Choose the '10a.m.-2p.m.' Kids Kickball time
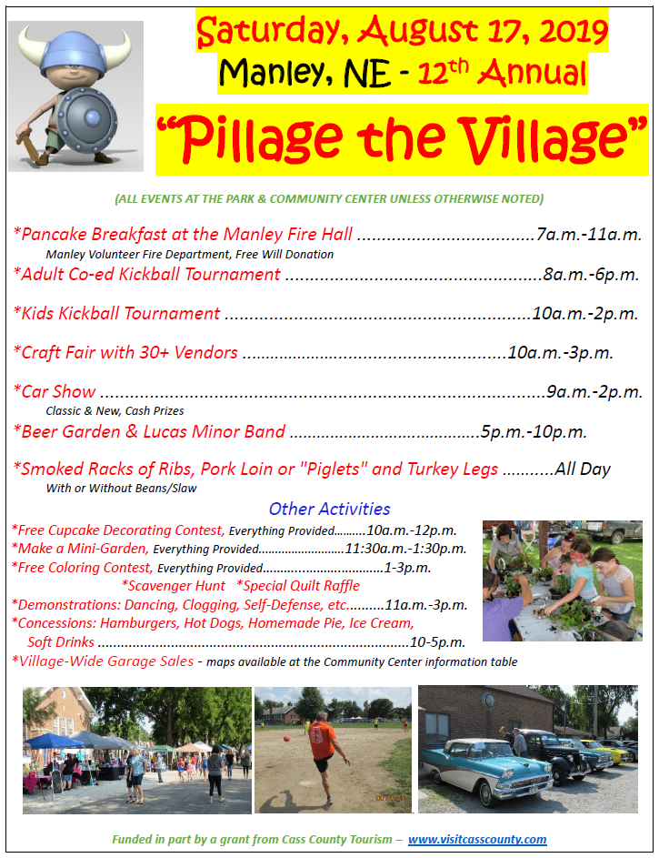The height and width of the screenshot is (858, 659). (584, 314)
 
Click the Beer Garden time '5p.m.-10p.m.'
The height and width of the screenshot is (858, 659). (534, 432)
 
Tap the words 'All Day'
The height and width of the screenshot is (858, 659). (583, 469)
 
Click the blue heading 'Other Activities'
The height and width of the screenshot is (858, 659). (329, 509)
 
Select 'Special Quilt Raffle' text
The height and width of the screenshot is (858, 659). (298, 586)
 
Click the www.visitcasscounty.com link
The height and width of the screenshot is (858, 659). (476, 840)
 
